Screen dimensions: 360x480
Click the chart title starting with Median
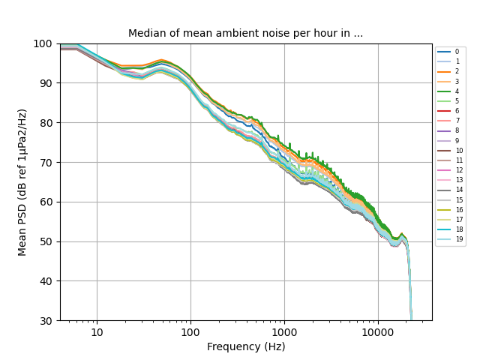245,34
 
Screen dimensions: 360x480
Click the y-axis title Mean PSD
22,182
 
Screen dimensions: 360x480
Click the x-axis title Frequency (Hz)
246,346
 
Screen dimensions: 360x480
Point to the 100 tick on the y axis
43,43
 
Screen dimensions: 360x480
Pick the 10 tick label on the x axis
97,332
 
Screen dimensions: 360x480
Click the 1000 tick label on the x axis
284,332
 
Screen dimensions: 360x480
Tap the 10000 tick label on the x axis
378,332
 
